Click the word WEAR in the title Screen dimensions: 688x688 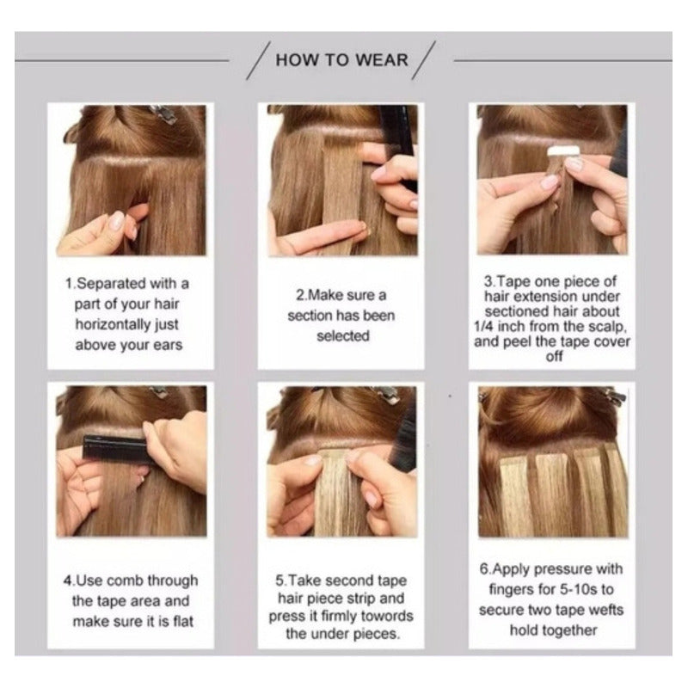pos(381,60)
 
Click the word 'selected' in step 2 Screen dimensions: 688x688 pos(342,336)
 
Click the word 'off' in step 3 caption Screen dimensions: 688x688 pos(554,356)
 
